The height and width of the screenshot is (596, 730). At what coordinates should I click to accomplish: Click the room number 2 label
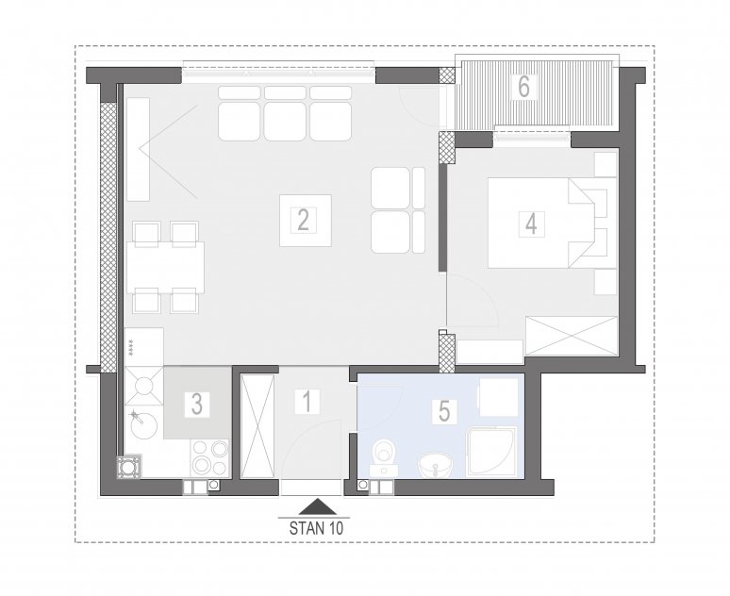coord(303,221)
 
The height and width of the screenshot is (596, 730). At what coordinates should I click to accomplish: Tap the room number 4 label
coord(531,223)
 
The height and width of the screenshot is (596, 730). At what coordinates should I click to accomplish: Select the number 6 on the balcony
coord(523,87)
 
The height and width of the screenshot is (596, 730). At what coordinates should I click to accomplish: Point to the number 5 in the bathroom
coord(444,411)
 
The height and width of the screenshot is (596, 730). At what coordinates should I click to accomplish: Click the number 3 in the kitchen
coord(197,405)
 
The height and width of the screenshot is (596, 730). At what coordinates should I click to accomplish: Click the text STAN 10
coord(316,528)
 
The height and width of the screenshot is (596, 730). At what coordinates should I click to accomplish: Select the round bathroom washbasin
coord(436,465)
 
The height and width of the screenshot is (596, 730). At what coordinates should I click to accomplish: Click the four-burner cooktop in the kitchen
coord(209,458)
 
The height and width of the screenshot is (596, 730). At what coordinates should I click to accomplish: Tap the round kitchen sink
coord(143,426)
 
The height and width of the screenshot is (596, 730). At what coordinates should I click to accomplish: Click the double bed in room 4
coord(541,223)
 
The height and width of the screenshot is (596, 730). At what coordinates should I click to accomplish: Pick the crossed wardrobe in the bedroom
coord(571,336)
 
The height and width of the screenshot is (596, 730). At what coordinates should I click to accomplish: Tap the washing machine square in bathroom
coord(499,397)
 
